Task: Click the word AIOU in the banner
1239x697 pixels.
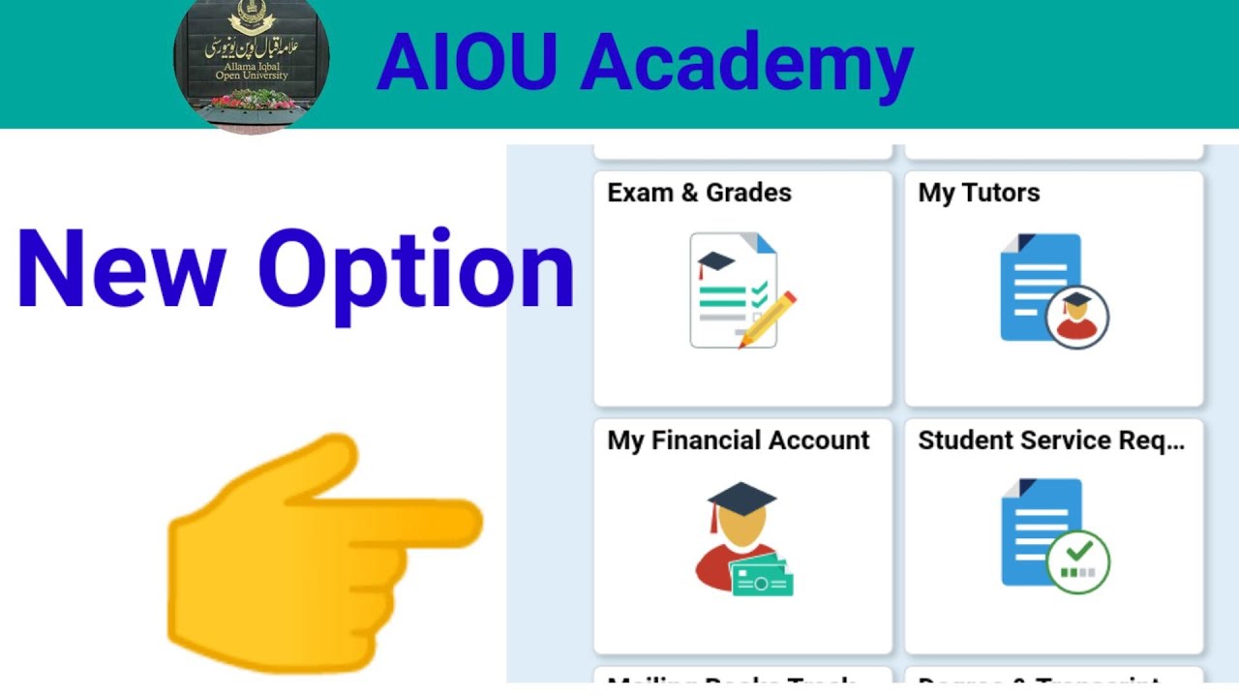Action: pyautogui.click(x=468, y=64)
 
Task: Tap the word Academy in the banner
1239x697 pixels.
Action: pyautogui.click(x=746, y=66)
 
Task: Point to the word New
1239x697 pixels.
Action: pyautogui.click(x=121, y=270)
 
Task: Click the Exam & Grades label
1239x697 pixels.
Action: pyautogui.click(x=699, y=193)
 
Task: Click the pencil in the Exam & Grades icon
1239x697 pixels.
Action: pyautogui.click(x=769, y=319)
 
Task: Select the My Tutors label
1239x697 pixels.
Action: pyautogui.click(x=979, y=193)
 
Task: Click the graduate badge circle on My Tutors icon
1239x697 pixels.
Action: pyautogui.click(x=1077, y=316)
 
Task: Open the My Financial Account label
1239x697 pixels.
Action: pyautogui.click(x=739, y=440)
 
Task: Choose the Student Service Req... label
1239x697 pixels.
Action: pyautogui.click(x=1051, y=440)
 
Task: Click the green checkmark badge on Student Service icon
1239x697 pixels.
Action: pyautogui.click(x=1077, y=560)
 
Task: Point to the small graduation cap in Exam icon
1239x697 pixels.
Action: pyautogui.click(x=715, y=261)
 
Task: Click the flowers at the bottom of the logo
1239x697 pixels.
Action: pyautogui.click(x=253, y=100)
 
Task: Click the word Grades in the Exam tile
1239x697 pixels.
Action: pyautogui.click(x=748, y=193)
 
